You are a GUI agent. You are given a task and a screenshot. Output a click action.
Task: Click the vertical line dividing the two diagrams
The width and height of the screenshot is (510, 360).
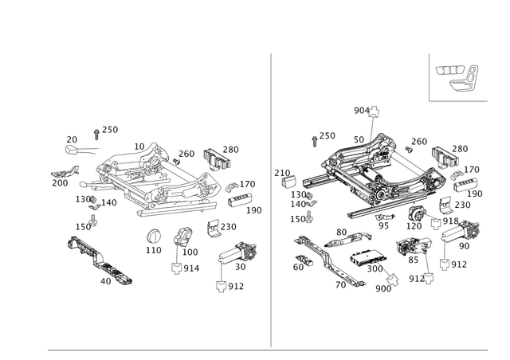[272, 199]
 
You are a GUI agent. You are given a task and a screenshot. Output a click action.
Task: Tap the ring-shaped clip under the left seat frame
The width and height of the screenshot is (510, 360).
[154, 237]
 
